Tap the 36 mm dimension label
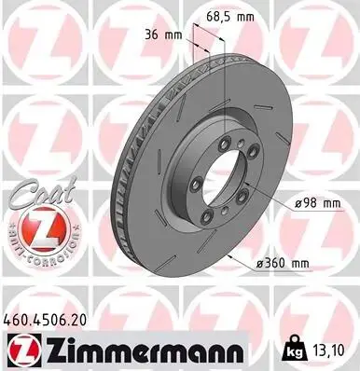point(164,34)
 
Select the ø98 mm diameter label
point(317,203)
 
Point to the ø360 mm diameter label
point(283,264)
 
